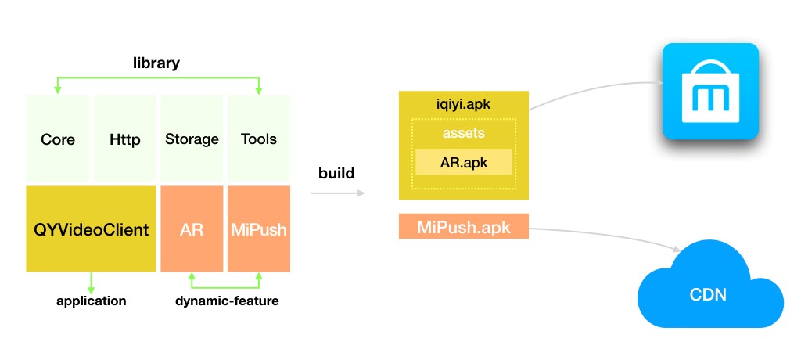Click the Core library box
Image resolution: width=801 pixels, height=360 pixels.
tap(58, 139)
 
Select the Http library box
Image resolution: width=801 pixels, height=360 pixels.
tap(125, 139)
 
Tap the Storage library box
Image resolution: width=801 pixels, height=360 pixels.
tap(192, 139)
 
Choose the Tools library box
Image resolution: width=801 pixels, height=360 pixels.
tap(259, 139)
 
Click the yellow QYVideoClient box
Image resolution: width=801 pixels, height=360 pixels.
tap(92, 229)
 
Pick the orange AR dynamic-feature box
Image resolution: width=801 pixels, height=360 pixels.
tap(192, 229)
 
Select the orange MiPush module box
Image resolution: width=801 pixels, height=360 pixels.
tap(259, 229)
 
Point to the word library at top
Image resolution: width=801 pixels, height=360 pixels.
tap(156, 63)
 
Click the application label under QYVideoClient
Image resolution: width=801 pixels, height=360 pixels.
tap(92, 301)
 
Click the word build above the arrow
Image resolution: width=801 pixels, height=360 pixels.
tap(336, 173)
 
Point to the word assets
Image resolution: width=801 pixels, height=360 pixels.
tap(464, 134)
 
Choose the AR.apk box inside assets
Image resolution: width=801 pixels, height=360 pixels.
tap(464, 162)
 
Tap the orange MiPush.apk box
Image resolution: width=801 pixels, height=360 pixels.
tap(464, 227)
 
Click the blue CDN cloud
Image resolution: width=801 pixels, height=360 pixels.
tap(709, 293)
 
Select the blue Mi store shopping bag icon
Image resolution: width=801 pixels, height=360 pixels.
tap(710, 91)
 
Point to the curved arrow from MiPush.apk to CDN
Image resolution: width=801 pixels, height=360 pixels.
tap(610, 233)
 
